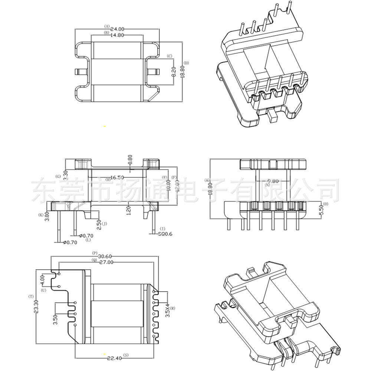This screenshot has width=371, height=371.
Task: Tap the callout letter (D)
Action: coord(186,63)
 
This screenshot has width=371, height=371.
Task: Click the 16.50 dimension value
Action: coord(117,178)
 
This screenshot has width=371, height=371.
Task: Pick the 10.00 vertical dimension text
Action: coord(169,184)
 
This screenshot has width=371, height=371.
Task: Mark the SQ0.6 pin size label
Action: coord(165,234)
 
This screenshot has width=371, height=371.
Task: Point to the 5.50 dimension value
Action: coord(322,210)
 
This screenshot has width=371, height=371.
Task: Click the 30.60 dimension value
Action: coord(105,256)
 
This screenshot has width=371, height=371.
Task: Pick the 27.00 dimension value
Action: coord(105,262)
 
